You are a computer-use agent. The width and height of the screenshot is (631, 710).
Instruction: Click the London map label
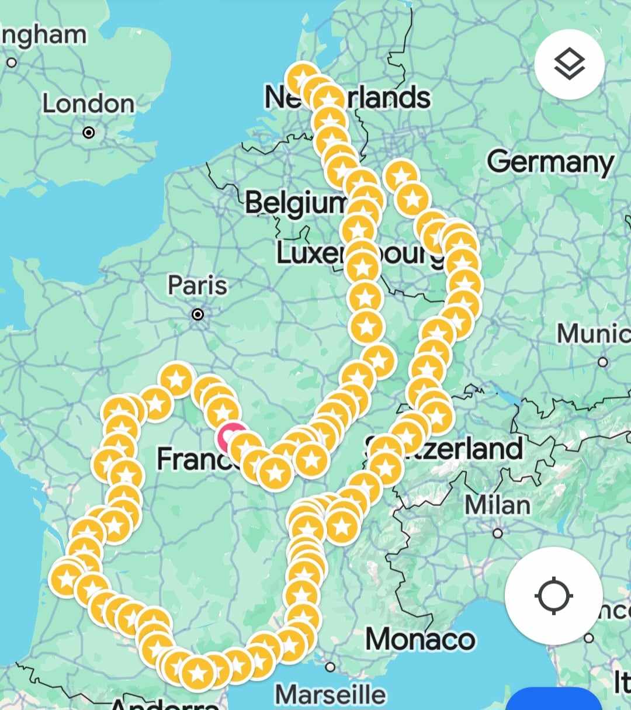pos(88,104)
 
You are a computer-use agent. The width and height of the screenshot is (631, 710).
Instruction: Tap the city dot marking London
pos(88,133)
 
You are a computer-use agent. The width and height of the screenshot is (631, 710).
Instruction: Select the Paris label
pos(197,286)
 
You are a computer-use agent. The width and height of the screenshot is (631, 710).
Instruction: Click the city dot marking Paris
pos(198,314)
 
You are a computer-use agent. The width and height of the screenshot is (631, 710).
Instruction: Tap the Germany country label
pos(550,162)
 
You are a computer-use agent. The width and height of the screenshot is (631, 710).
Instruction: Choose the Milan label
pos(498,505)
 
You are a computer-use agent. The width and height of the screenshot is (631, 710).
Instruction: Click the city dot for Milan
pos(498,533)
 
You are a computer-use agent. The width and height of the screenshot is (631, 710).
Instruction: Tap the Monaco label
pos(420,639)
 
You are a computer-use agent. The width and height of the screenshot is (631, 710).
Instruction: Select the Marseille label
pos(330,695)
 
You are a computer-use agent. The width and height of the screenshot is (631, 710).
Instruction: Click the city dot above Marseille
pos(330,667)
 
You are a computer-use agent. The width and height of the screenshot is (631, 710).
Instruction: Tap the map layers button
pos(569,64)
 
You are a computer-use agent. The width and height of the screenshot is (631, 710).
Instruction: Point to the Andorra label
pos(164,704)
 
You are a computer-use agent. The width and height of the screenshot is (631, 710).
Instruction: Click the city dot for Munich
pos(603,362)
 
